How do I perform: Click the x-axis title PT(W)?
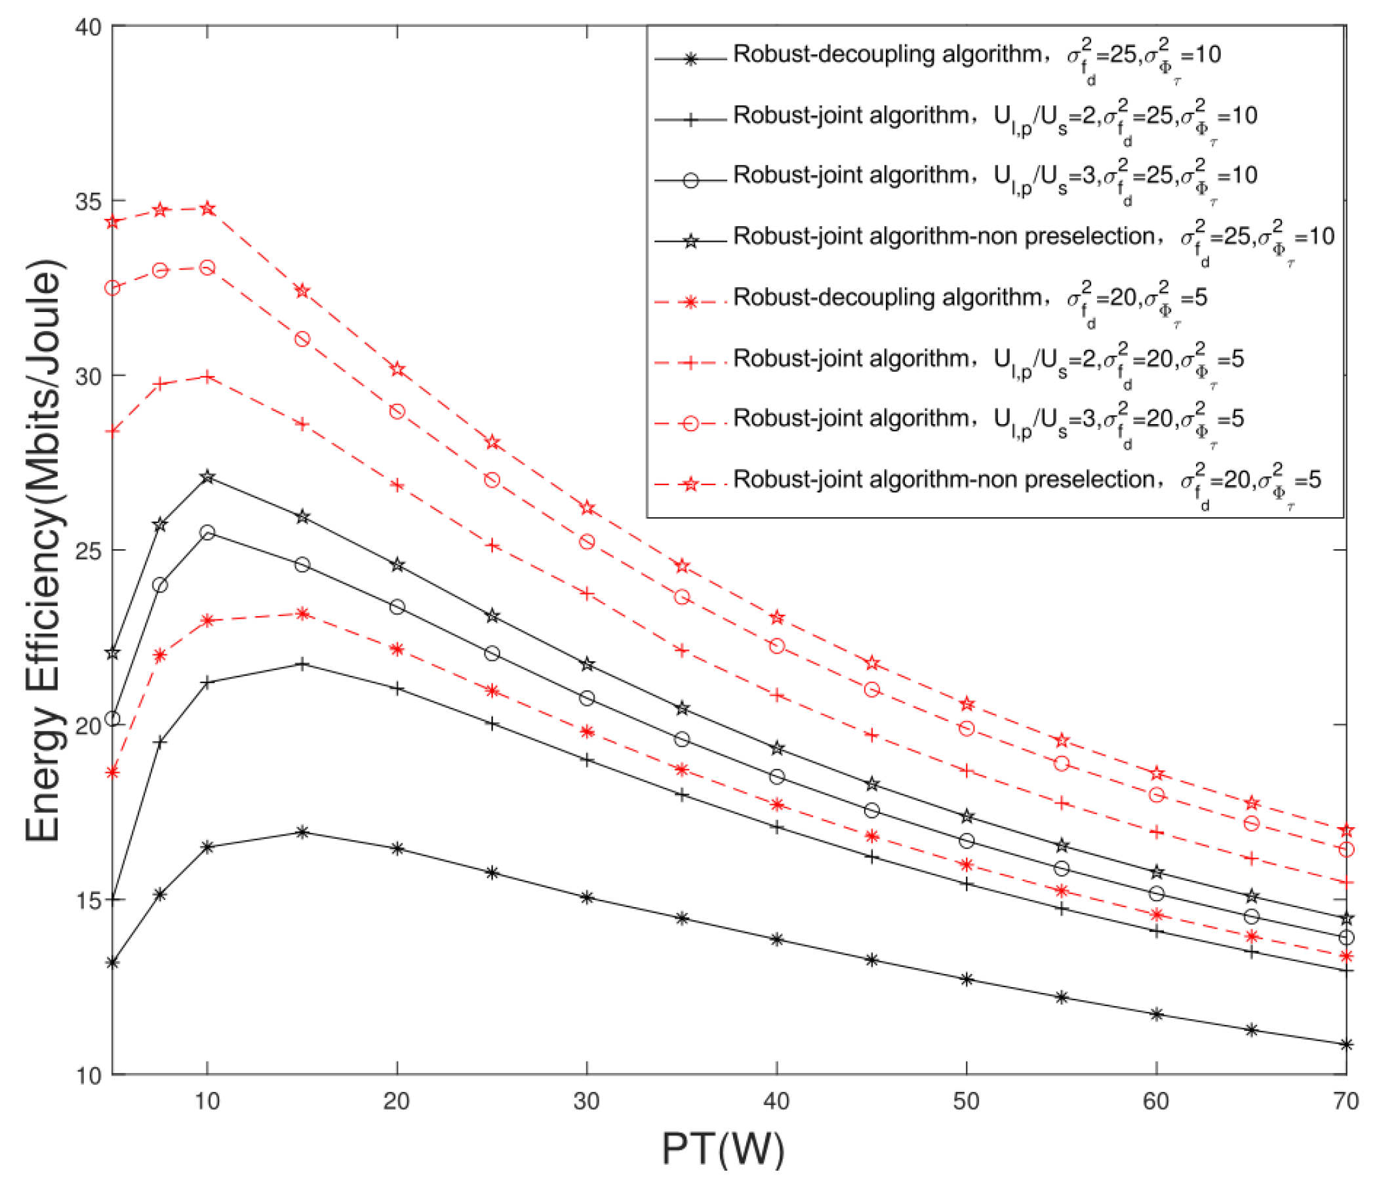pos(723,1149)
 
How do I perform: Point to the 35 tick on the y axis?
pos(88,201)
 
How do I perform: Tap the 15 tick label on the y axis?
pos(88,901)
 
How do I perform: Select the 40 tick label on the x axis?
pos(776,1101)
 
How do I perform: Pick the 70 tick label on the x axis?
pos(1345,1101)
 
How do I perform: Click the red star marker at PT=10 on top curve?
pos(208,209)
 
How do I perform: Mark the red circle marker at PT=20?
pos(397,412)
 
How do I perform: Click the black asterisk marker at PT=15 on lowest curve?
pos(302,832)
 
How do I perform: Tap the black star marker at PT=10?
pos(208,477)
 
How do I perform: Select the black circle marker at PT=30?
pos(587,698)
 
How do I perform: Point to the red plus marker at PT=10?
pos(208,377)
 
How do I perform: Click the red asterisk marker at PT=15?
pos(302,614)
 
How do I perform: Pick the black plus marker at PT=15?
pos(302,664)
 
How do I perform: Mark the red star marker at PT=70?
pos(1345,831)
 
